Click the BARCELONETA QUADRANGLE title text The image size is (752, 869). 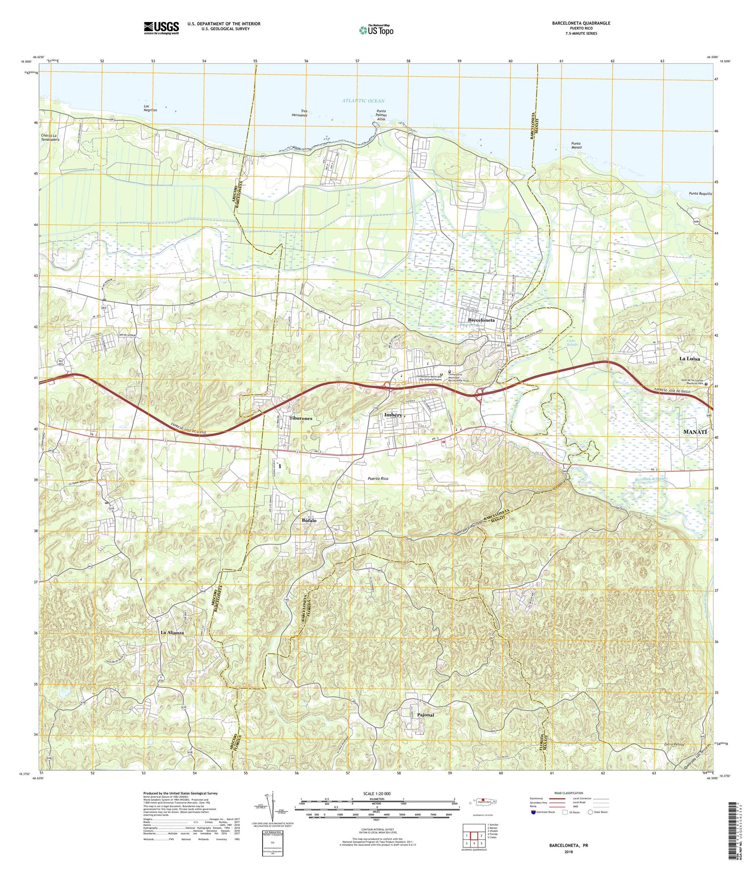coord(581,23)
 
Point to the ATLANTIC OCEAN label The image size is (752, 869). coord(363,101)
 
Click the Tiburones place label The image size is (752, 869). coord(301,418)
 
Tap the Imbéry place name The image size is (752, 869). coord(393,415)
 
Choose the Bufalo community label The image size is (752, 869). coord(309,521)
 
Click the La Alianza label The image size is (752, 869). coord(172,633)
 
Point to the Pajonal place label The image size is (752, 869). coord(425,715)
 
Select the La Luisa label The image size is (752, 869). coord(692,359)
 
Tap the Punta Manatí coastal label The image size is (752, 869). coord(579,146)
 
